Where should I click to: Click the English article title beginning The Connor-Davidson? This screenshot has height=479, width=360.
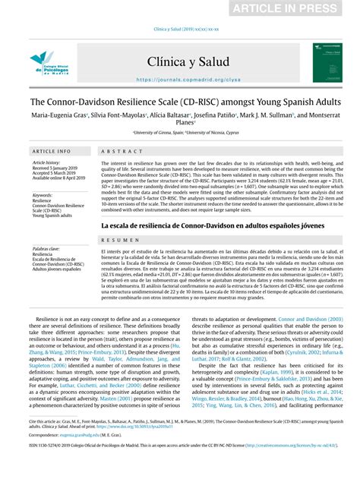point(179,101)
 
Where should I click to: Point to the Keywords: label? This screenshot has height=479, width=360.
point(43,195)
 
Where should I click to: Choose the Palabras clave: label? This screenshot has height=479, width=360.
point(46,248)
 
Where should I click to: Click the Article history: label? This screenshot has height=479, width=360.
point(47,162)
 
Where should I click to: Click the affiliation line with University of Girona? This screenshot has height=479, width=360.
point(179,131)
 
